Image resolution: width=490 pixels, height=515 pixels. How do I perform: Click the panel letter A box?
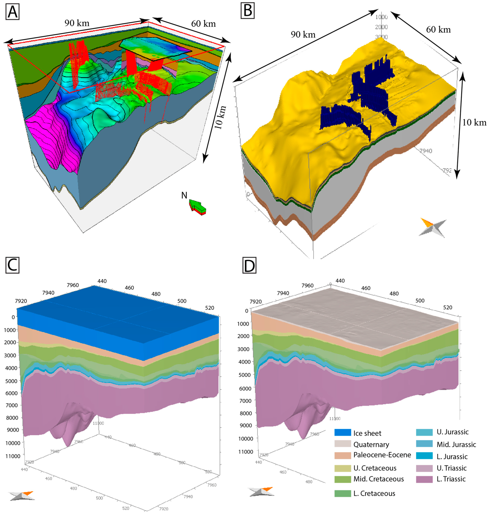coord(12,12)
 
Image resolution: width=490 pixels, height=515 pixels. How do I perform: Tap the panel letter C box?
coord(12,265)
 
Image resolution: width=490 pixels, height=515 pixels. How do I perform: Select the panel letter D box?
coord(249,265)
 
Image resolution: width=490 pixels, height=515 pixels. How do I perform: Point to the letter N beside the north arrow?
coord(184,195)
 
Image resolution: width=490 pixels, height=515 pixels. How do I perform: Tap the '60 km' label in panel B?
coord(438,29)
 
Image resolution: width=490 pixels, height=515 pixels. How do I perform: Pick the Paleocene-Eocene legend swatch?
coord(342,455)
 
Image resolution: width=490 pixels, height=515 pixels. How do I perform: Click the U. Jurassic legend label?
coord(452,432)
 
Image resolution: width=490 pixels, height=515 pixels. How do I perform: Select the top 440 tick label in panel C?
coord(102,281)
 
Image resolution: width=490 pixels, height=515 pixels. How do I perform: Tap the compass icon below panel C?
coord(21,496)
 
